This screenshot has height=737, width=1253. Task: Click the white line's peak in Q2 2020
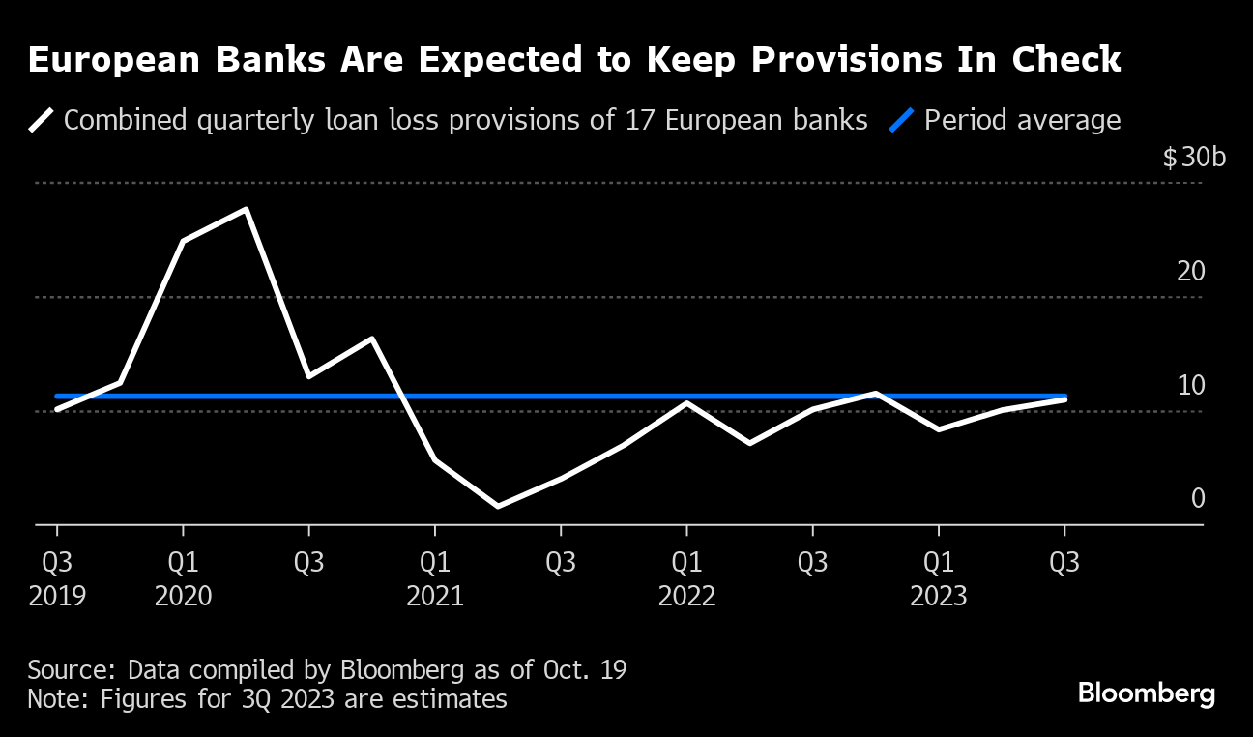[x=246, y=210]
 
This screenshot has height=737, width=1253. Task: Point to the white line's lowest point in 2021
[x=498, y=506]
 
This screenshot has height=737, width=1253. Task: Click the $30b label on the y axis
[x=1194, y=157]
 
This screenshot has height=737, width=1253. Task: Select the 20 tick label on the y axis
[x=1191, y=271]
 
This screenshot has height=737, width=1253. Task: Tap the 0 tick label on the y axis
[x=1198, y=499]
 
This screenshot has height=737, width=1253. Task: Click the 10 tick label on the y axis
[x=1191, y=385]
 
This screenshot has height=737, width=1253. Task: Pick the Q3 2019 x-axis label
[x=57, y=578]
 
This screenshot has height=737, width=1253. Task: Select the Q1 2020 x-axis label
[x=183, y=578]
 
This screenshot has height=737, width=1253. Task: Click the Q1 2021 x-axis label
[x=435, y=578]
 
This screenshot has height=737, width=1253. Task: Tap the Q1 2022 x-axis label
[x=686, y=578]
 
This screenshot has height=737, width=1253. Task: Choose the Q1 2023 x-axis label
[x=938, y=578]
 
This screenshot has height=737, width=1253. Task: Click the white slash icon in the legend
[x=42, y=121]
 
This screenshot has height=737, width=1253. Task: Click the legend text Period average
[x=1022, y=121]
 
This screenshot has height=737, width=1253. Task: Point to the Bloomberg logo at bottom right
[x=1146, y=693]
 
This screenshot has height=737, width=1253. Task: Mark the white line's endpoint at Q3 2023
[x=1064, y=398]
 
